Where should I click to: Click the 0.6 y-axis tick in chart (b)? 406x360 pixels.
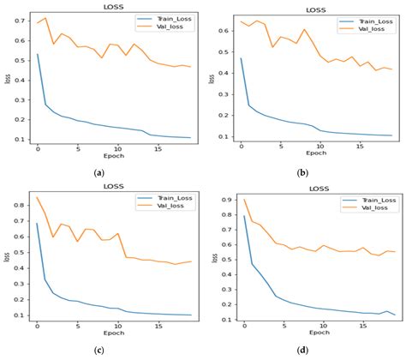coord(225,30)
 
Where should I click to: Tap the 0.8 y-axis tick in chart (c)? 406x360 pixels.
coord(19,207)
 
